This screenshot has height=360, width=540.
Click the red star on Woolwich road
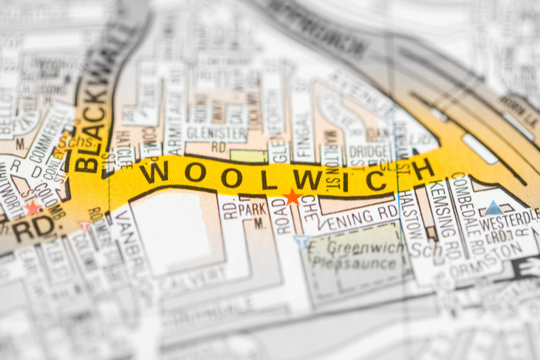click(292, 197)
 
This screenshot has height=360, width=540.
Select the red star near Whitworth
click(32, 207)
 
